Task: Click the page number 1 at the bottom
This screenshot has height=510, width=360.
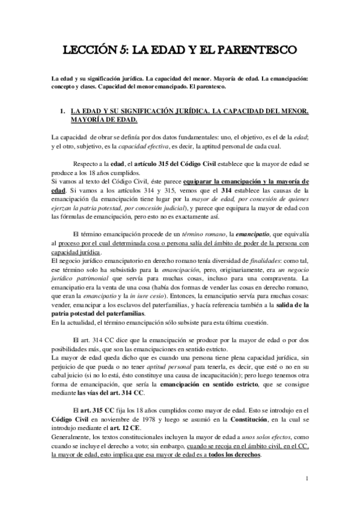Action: coord(307,479)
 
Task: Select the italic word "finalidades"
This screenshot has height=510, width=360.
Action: coord(258,256)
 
